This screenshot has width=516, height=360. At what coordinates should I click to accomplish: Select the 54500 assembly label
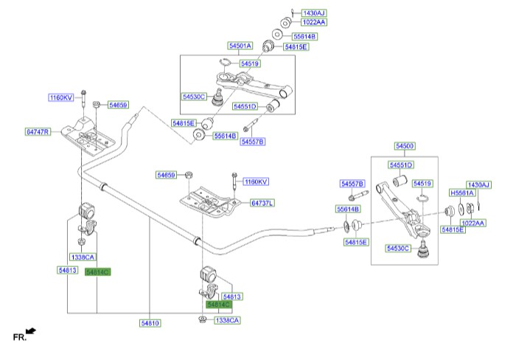404,146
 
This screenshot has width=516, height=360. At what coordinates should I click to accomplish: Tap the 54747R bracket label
38,132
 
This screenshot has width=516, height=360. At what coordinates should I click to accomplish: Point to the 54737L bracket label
262,203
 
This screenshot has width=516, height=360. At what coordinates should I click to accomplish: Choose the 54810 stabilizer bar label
150,323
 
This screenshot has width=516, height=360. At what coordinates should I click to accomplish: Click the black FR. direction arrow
31,331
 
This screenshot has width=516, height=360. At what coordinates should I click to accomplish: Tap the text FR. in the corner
19,337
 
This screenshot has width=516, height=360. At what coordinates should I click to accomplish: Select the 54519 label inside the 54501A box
250,64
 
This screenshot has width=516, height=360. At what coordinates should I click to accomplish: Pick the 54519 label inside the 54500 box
422,183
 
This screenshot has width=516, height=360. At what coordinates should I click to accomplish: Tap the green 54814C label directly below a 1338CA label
97,271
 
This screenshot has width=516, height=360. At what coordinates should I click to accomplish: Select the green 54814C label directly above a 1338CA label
219,305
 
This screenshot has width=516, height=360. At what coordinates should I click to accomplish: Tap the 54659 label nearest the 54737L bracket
167,175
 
